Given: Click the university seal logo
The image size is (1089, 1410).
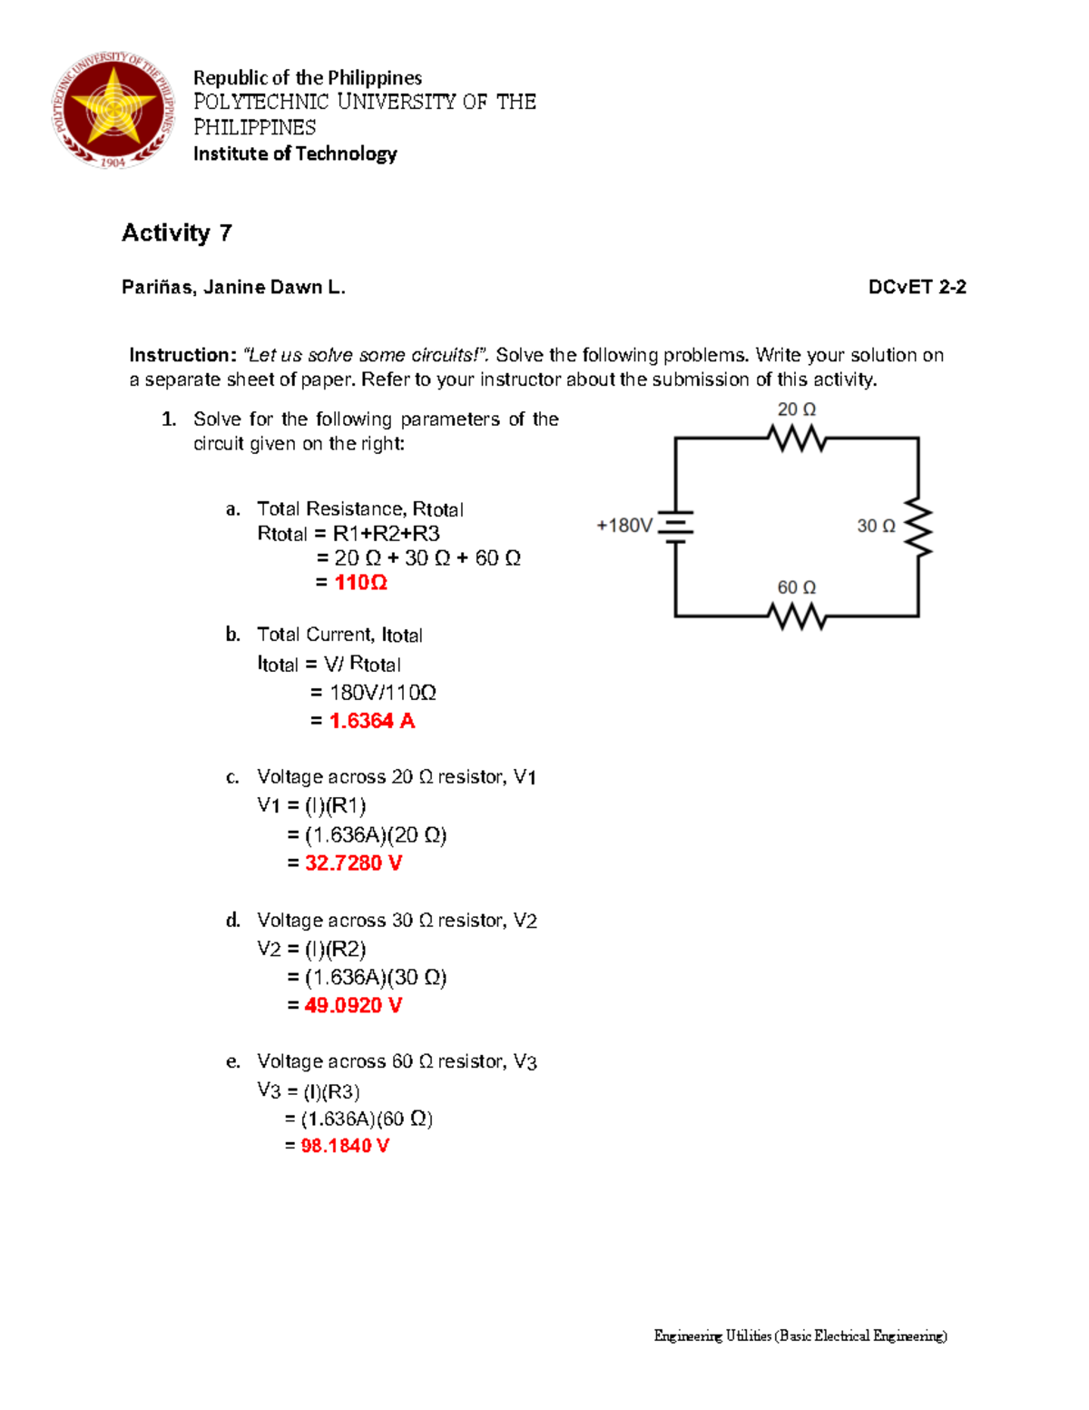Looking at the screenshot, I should pyautogui.click(x=113, y=110).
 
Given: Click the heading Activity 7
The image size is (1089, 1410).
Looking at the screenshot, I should pyautogui.click(x=177, y=233).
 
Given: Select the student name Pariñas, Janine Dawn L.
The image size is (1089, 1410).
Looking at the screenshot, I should pyautogui.click(x=233, y=288).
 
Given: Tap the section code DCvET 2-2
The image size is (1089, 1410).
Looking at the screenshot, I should pyautogui.click(x=917, y=288).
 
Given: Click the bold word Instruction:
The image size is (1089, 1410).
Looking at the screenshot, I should pyautogui.click(x=182, y=355).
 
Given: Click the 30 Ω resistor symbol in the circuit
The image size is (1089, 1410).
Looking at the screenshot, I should pyautogui.click(x=918, y=527).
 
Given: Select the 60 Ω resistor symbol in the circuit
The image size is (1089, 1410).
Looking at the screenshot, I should pyautogui.click(x=797, y=617).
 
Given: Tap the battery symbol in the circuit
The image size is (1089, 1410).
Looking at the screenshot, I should pyautogui.click(x=675, y=526).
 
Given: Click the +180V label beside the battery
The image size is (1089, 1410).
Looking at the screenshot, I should pyautogui.click(x=624, y=526).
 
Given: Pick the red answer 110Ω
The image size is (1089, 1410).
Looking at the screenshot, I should pyautogui.click(x=360, y=583).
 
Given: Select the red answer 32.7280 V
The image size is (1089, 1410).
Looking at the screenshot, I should pyautogui.click(x=353, y=863).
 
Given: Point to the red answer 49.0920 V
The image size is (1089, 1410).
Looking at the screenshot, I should pyautogui.click(x=353, y=1006).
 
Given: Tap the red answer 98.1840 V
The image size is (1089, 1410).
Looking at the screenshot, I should pyautogui.click(x=345, y=1146).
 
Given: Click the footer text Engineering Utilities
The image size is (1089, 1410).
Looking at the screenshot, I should pyautogui.click(x=712, y=1336).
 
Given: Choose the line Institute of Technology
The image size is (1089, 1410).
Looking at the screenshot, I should pyautogui.click(x=295, y=153).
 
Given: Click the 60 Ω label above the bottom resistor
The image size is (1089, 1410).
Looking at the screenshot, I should pyautogui.click(x=796, y=588).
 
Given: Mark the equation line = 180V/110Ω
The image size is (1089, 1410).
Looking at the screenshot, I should pyautogui.click(x=373, y=693).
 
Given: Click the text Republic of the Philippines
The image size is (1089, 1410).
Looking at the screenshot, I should pyautogui.click(x=307, y=78).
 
